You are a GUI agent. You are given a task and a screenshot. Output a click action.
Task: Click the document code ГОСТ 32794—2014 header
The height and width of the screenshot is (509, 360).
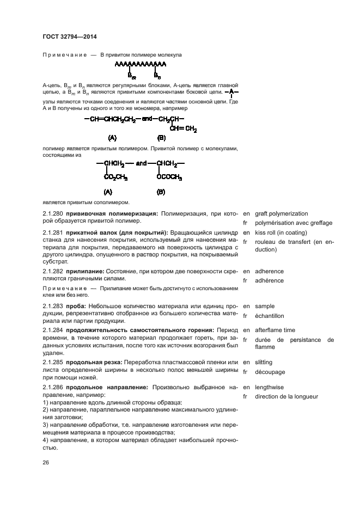69,38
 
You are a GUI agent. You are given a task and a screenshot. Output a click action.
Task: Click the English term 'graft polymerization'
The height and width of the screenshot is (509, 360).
281,214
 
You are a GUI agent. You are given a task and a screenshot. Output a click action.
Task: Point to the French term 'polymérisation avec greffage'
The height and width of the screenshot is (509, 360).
293,223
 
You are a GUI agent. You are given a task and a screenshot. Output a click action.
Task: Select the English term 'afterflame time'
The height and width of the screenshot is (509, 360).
275,330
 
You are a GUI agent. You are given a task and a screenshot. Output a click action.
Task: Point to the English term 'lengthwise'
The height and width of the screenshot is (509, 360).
269,387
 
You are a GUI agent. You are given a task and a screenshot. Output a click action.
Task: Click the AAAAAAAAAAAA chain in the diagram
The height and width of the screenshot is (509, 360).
141,64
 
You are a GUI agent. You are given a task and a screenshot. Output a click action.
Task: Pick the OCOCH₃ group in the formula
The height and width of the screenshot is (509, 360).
169,177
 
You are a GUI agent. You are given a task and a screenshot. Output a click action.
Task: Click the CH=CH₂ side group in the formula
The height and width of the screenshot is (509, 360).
183,128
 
